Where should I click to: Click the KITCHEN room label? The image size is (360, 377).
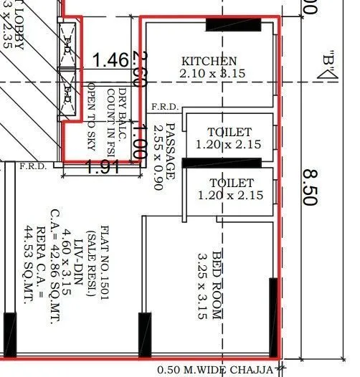click(x=209, y=62)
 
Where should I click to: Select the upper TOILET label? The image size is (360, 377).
click(x=229, y=133)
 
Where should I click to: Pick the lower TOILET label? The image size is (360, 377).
click(x=229, y=183)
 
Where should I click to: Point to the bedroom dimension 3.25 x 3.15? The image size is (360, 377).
click(x=203, y=284)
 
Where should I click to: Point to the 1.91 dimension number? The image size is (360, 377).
click(x=102, y=168)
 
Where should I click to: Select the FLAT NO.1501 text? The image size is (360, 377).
click(x=104, y=247)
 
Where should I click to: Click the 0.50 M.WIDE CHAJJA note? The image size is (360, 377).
click(x=215, y=370)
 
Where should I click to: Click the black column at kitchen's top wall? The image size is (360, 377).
click(x=233, y=24)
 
